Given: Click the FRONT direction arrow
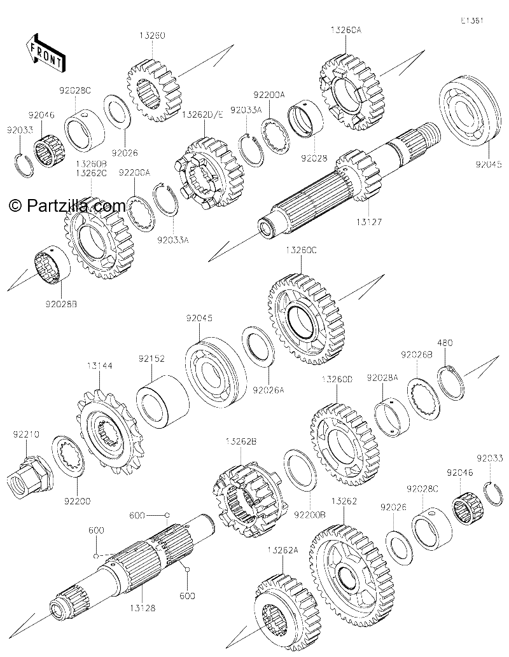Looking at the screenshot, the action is coord(45,51).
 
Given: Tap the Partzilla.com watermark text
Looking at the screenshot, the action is coord(67,205).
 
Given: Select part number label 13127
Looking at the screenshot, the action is coord(369,222).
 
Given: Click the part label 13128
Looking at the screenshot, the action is coord(142,607).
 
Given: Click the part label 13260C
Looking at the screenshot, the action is coord(301,250).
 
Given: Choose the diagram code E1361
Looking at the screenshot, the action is coord(472,20).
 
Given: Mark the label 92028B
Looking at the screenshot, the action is coord(62,304).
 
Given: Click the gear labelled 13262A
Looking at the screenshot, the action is coord(288,612).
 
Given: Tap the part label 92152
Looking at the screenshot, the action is coord(151,359).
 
